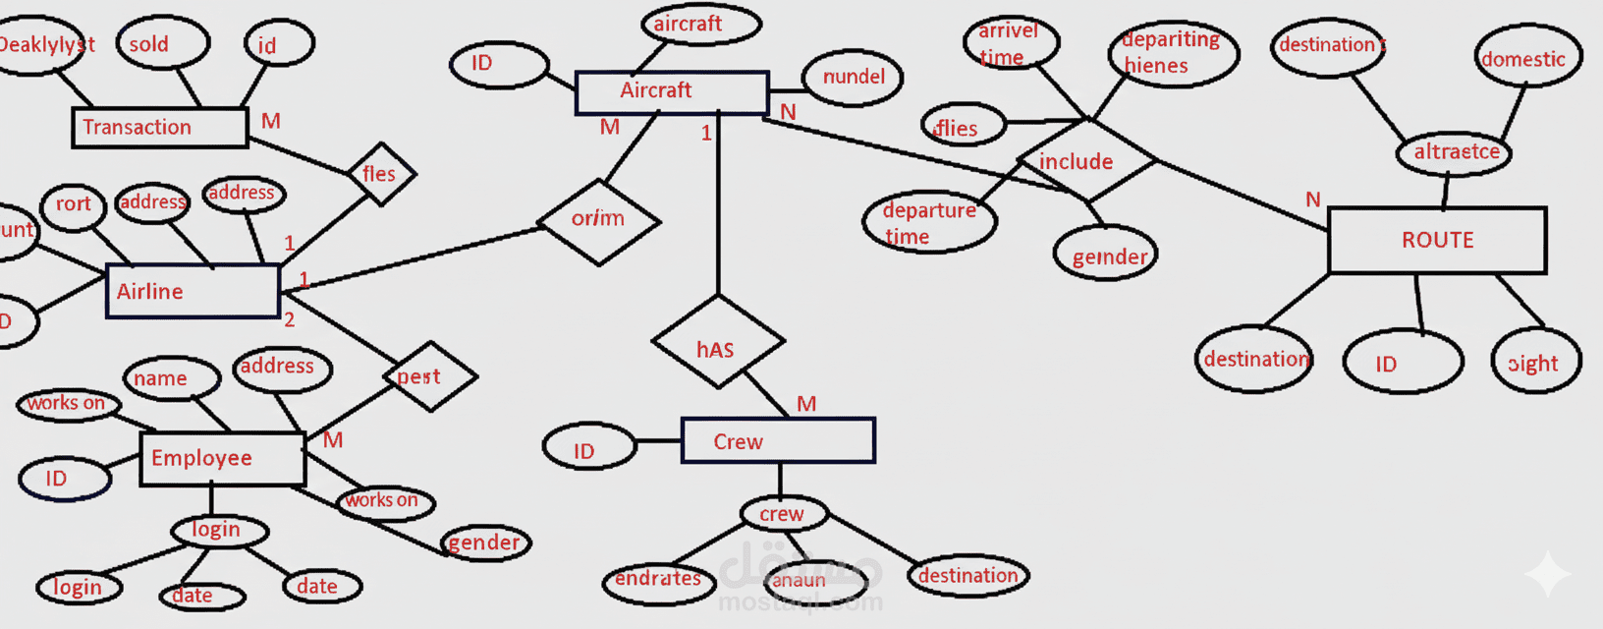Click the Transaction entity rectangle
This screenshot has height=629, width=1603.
pos(159,127)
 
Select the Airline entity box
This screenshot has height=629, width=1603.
pos(193,291)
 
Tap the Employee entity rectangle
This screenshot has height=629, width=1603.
pos(222,458)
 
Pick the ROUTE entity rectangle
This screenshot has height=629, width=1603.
pos(1437,240)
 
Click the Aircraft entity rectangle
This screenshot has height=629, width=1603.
pos(672,91)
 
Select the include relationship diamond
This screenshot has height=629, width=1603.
pos(1085,160)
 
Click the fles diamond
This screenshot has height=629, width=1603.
pos(381,174)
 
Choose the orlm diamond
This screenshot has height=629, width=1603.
pos(599,220)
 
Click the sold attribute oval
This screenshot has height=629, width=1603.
pos(161,43)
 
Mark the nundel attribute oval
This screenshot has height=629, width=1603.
pos(853,78)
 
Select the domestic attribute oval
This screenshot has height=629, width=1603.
pos(1528,57)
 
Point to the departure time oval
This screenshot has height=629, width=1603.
pos(929,223)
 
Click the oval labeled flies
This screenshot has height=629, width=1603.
pos(963,126)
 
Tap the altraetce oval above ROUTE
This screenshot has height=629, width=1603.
pos(1455,152)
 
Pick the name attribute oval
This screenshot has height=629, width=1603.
pos(172,378)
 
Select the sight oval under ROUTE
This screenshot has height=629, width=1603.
pos(1535,362)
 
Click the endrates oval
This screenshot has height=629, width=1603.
pos(658,579)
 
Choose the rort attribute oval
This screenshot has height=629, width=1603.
pos(73,206)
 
